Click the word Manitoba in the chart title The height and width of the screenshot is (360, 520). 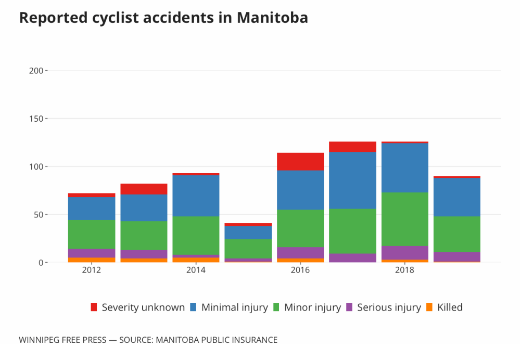(272, 18)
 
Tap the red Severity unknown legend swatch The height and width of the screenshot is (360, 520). (94, 307)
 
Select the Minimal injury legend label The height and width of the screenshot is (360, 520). (234, 307)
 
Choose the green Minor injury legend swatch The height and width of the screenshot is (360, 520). (276, 307)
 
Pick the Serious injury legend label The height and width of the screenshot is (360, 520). (389, 307)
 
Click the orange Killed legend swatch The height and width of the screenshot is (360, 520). (429, 307)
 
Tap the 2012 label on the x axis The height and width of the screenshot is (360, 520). (92, 271)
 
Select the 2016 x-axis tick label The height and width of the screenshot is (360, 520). (300, 271)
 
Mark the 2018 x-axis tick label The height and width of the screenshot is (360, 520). (404, 271)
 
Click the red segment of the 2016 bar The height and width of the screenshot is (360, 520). (300, 162)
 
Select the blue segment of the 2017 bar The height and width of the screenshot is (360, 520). (352, 180)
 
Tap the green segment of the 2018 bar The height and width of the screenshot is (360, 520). (404, 219)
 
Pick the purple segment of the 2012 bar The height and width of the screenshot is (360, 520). (92, 253)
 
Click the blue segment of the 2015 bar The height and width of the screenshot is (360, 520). (248, 232)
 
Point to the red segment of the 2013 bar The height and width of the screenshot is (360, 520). (144, 189)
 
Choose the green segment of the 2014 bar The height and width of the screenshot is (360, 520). (196, 235)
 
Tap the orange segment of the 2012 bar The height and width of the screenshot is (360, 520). (92, 260)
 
